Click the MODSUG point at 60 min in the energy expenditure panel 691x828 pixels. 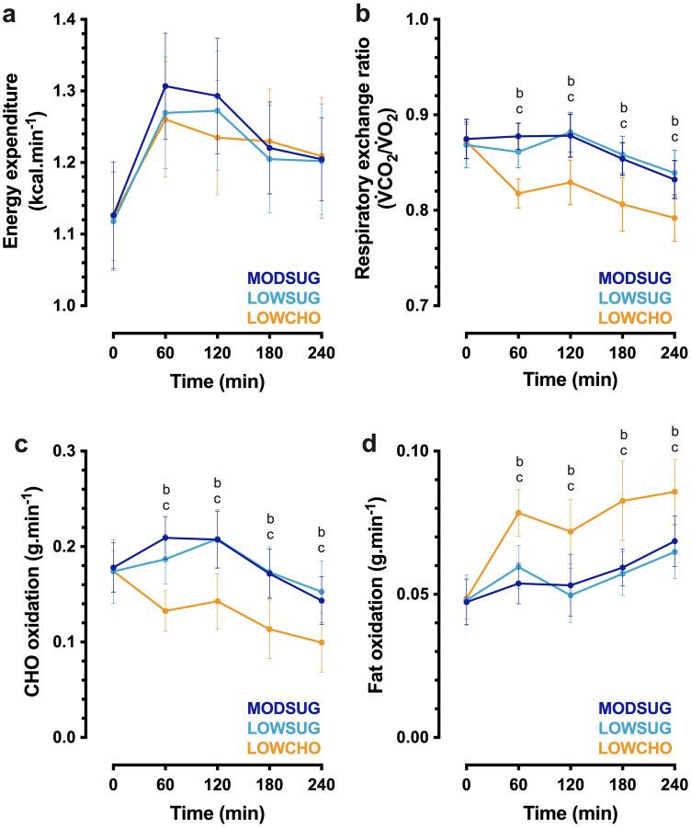click(165, 85)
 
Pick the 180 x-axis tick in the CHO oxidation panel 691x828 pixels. click(268, 761)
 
